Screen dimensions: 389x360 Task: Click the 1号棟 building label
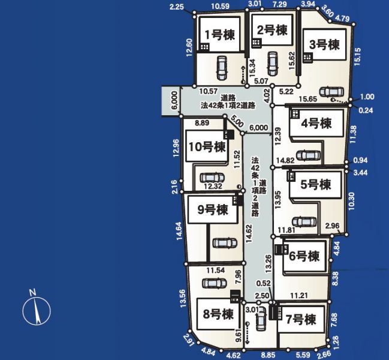pos(220,35)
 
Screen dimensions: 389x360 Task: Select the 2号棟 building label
pos(272,30)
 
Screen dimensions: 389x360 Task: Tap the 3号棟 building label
pos(324,45)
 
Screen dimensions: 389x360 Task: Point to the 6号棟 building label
pos(304,256)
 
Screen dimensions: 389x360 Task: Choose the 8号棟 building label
pos(218,314)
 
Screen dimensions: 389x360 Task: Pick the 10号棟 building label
pos(207,147)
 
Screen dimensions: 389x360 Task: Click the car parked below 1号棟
pos(222,68)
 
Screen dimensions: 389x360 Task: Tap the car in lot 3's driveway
pos(331,92)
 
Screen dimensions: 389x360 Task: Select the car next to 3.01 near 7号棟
pos(261,319)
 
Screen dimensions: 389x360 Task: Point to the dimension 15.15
pos(357,57)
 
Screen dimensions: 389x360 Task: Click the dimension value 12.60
pos(189,47)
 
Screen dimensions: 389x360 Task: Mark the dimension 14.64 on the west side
pos(179,231)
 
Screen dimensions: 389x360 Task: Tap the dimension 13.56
pos(183,299)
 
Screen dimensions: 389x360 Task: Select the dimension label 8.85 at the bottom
pos(267,355)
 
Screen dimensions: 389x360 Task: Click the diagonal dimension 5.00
pos(237,121)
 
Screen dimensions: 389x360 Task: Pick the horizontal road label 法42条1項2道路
pos(228,106)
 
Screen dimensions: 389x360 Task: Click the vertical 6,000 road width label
pos(174,100)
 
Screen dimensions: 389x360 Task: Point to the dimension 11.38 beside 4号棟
pos(353,134)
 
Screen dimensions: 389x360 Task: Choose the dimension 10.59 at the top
pos(221,6)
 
